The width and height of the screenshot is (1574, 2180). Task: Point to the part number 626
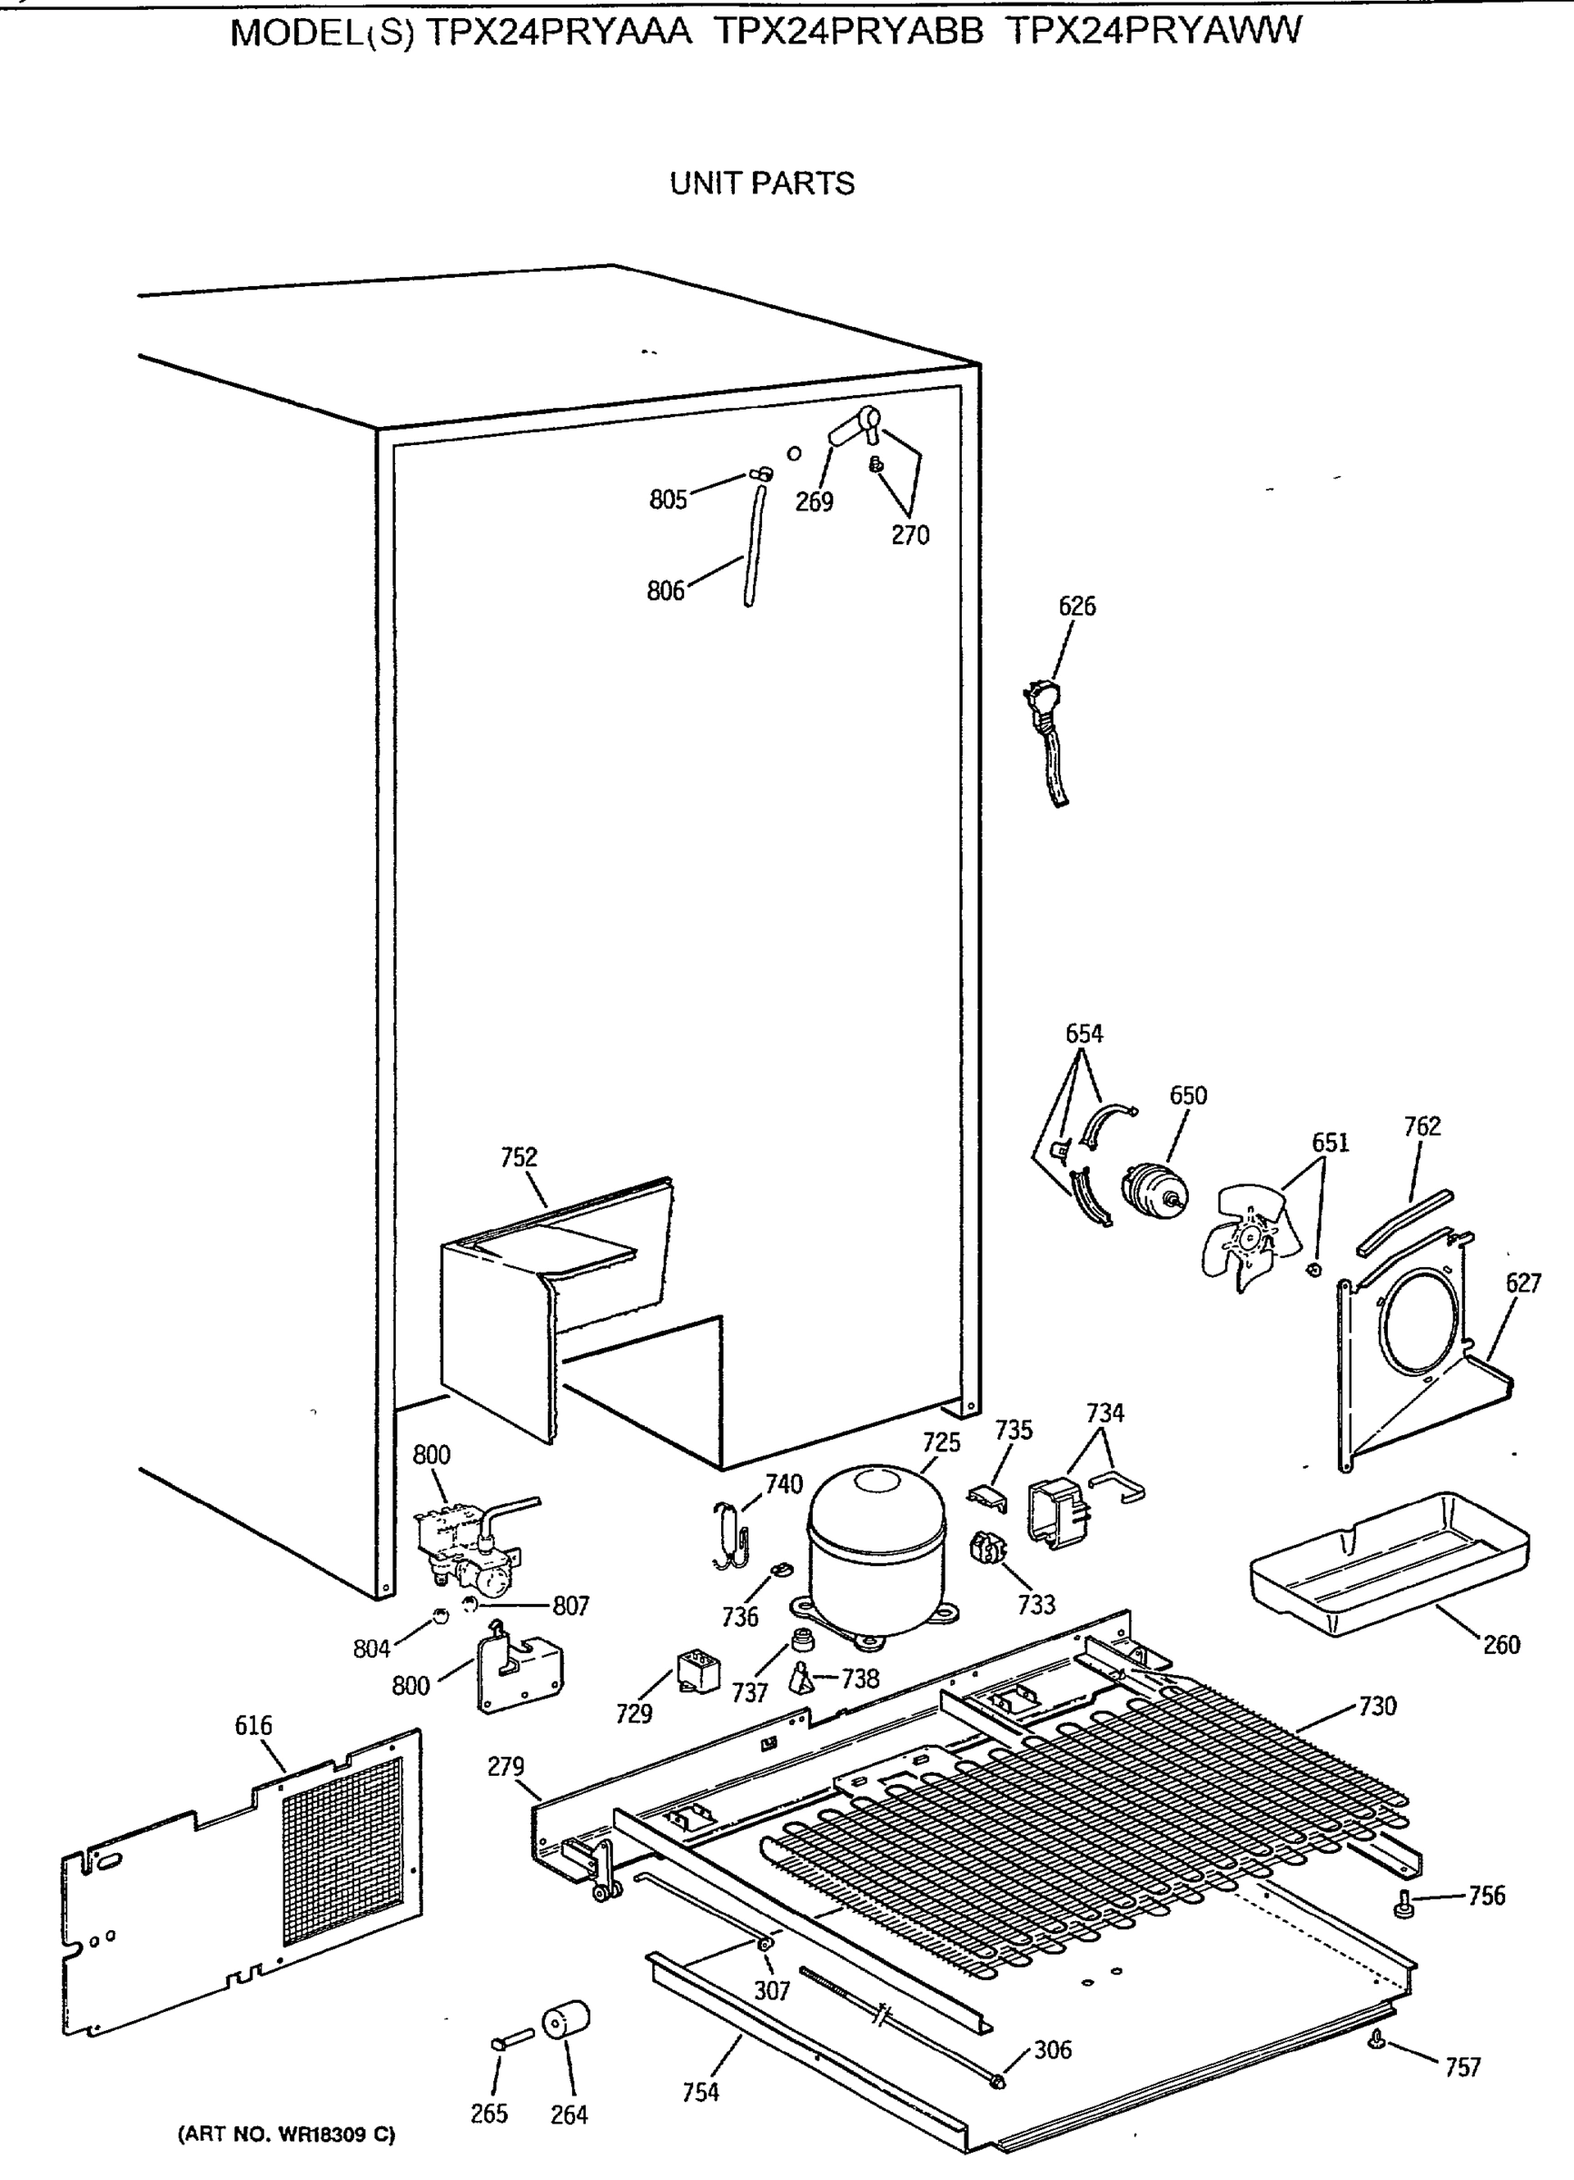(x=1076, y=607)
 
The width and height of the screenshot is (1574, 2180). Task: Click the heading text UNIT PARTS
(x=761, y=183)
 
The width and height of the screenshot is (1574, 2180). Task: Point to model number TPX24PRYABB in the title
(x=849, y=33)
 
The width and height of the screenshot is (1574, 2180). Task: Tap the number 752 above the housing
(x=519, y=1157)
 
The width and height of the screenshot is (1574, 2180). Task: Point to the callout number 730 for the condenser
(x=1377, y=1706)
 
